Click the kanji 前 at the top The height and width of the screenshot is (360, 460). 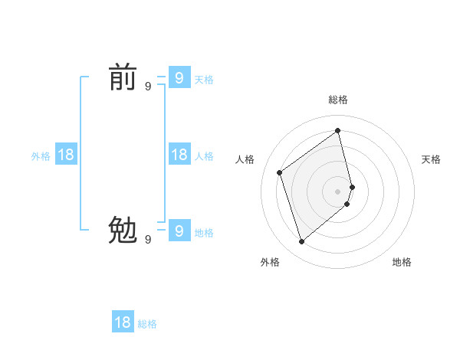point(123,77)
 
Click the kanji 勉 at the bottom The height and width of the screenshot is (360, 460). point(123,230)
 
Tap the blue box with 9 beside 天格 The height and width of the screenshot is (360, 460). point(179,77)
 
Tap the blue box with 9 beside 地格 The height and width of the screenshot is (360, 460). point(179,229)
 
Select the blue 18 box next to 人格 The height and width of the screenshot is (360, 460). point(179,155)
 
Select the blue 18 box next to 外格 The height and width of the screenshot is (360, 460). point(66,155)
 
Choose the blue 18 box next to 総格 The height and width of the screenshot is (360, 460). point(123,322)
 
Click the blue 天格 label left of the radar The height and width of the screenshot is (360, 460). point(204,80)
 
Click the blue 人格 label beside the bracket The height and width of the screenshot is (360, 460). point(204,156)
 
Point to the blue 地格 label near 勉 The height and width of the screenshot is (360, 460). point(204,233)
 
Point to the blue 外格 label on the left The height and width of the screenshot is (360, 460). point(41,156)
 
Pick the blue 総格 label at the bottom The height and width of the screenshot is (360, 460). point(147,325)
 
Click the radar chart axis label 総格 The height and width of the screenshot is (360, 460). point(338,100)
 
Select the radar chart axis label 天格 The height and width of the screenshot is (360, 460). point(431,159)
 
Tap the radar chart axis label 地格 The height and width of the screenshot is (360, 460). point(402,262)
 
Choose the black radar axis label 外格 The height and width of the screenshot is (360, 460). point(270,262)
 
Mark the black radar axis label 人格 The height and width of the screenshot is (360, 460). point(245,159)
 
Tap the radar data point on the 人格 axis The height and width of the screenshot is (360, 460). point(280,172)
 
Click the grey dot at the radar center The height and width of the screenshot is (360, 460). point(338,191)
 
